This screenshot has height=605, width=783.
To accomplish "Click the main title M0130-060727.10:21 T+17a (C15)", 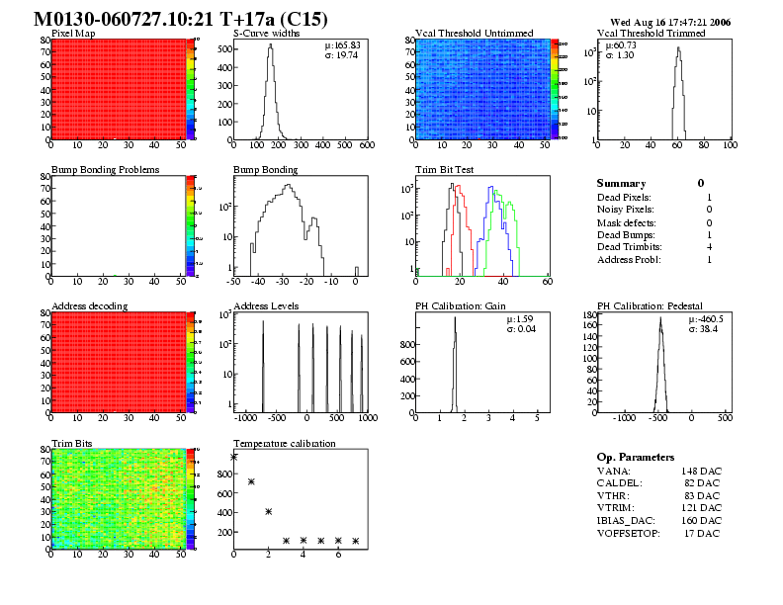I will click(x=181, y=19).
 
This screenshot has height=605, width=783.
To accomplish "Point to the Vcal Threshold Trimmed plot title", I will click(x=652, y=34).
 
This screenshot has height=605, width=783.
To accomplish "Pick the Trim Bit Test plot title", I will click(x=445, y=170).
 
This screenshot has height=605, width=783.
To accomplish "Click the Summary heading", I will click(x=621, y=183).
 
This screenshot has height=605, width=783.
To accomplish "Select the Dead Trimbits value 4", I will click(x=710, y=247).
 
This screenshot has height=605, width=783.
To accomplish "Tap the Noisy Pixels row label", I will click(x=627, y=209).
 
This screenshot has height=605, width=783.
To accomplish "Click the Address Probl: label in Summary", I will click(x=629, y=260).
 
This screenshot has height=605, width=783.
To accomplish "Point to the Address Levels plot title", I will click(x=266, y=306).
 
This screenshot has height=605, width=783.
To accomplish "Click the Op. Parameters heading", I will click(x=636, y=458).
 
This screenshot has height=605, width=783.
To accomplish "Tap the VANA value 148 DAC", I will click(x=702, y=471).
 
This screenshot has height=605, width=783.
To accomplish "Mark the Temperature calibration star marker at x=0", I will click(x=234, y=457).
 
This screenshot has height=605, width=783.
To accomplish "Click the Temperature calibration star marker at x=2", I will click(x=269, y=511).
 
